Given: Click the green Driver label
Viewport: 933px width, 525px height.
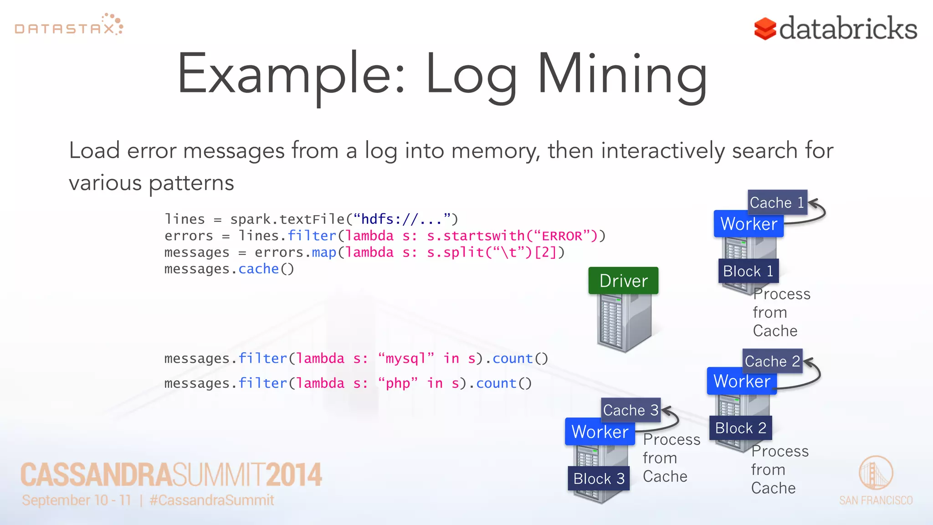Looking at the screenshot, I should pos(623,281).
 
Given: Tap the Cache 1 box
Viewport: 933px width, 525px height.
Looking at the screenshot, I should pos(777,202).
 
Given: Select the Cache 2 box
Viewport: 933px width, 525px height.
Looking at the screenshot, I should pos(772,361).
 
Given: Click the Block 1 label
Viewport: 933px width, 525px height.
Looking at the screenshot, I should pos(748,271).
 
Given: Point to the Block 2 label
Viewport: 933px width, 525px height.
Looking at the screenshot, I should pos(740,428).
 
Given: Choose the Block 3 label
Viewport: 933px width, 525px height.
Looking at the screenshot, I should pos(599,479).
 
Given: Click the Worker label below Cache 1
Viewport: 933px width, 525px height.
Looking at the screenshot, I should pos(748,224).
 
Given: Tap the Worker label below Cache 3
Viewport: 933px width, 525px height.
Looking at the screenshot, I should pos(600,432).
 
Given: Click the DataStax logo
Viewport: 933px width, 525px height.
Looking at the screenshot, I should pos(69,26).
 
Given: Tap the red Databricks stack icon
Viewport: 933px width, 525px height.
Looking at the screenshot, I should pos(765,29).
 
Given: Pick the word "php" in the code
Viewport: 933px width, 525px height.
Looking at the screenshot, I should pos(398,383).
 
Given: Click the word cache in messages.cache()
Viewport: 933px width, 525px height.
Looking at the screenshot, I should pos(258,269).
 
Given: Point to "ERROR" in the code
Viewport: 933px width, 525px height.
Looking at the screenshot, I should pos(561,236).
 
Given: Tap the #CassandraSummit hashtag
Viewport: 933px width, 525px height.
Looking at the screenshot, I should pos(212,500).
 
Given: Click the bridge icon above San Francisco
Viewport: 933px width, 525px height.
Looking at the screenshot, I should pos(876,473).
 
